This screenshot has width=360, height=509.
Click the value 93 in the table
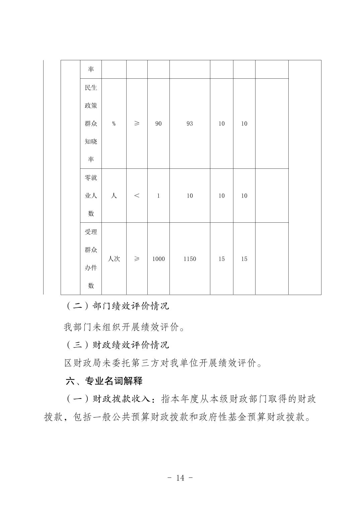pos(190,124)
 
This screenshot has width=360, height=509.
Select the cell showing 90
pos(158,124)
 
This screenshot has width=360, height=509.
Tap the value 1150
pos(190,259)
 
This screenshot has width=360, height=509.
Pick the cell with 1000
pos(158,259)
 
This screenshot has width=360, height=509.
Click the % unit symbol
pos(114,124)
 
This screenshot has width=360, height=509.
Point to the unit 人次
pos(114,259)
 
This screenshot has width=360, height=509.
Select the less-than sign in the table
pos(137,196)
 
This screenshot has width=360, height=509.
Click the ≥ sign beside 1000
pos(137,259)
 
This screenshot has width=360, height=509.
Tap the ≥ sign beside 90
pos(137,124)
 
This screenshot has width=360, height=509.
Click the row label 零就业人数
pos(91,196)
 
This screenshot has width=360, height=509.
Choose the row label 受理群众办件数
pos(91,259)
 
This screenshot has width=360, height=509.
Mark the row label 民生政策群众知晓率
pos(91,124)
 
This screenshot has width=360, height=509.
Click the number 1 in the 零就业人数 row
pos(158,196)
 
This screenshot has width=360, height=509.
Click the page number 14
pos(180,478)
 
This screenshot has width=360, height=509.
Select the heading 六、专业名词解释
pos(104,381)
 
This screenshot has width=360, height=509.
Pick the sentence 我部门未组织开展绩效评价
pos(124,327)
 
